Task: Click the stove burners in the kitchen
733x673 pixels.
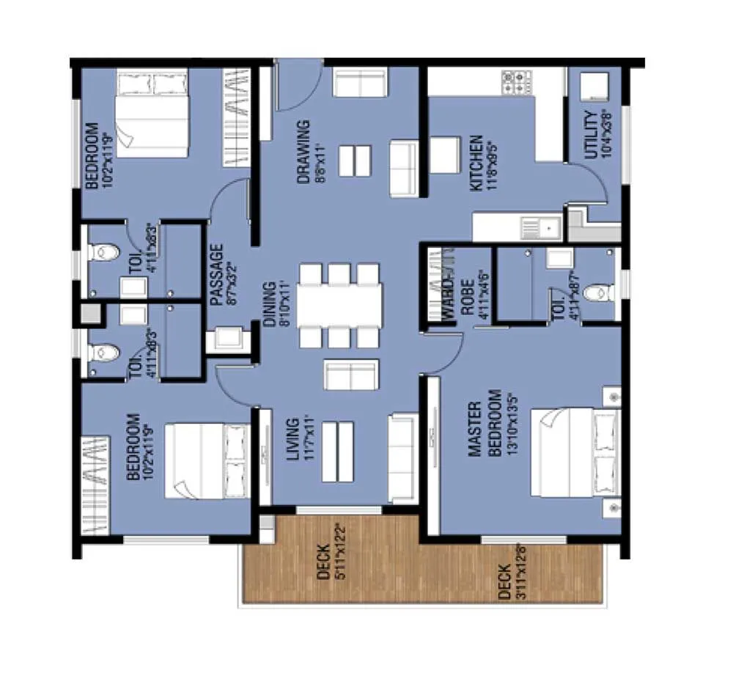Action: coord(517,81)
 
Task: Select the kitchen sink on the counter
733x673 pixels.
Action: coord(541,228)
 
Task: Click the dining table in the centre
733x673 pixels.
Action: coord(339,305)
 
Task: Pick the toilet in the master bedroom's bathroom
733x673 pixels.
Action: coord(600,293)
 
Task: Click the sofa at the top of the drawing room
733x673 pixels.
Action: coord(359,81)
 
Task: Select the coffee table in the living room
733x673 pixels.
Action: coord(338,452)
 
